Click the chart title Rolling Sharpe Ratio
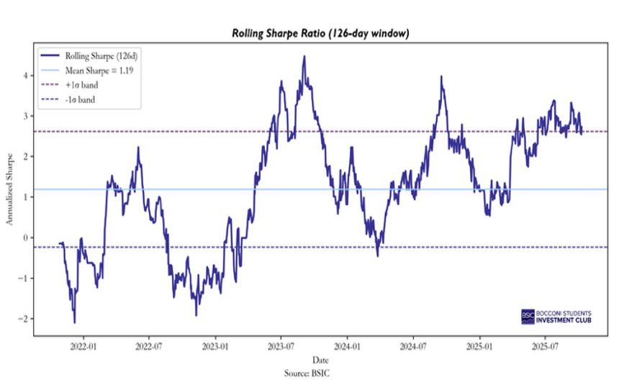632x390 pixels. [321, 33]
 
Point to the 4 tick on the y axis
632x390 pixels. [25, 75]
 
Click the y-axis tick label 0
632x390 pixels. [25, 237]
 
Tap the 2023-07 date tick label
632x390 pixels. [281, 345]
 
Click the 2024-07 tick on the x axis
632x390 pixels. [412, 345]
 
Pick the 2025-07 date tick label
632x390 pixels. [544, 345]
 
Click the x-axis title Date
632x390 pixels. [321, 359]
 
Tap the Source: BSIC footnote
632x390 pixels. [309, 373]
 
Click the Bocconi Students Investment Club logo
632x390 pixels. [556, 316]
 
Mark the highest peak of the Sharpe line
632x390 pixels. [304, 56]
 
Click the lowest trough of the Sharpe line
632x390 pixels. [74, 322]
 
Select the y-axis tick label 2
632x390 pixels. [25, 156]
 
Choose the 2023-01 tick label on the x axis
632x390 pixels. [215, 345]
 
